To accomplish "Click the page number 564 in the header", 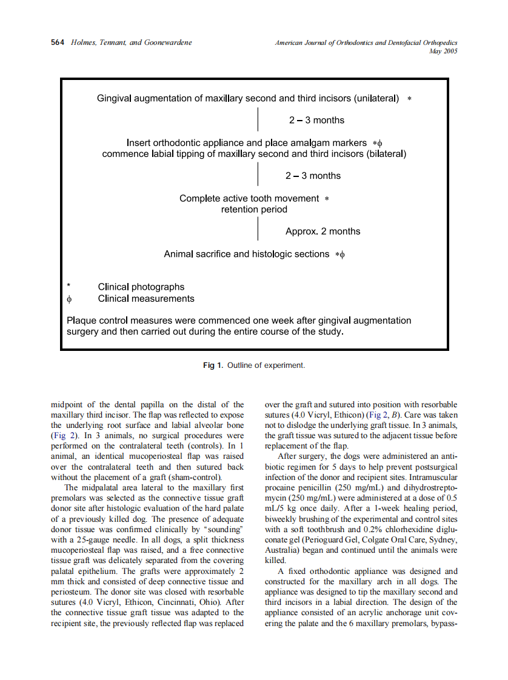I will pos(58,42).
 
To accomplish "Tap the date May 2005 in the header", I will pos(443,52).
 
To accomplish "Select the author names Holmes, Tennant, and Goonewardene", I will pos(132,42).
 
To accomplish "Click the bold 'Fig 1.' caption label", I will pos(213,365).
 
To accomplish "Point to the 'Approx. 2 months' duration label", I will pos(323,232).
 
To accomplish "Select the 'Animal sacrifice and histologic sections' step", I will pos(246,254).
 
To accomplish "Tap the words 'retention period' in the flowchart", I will pos(254,210).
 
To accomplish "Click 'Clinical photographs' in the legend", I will pos(141,287).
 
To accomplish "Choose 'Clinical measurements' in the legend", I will pos(146,298).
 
